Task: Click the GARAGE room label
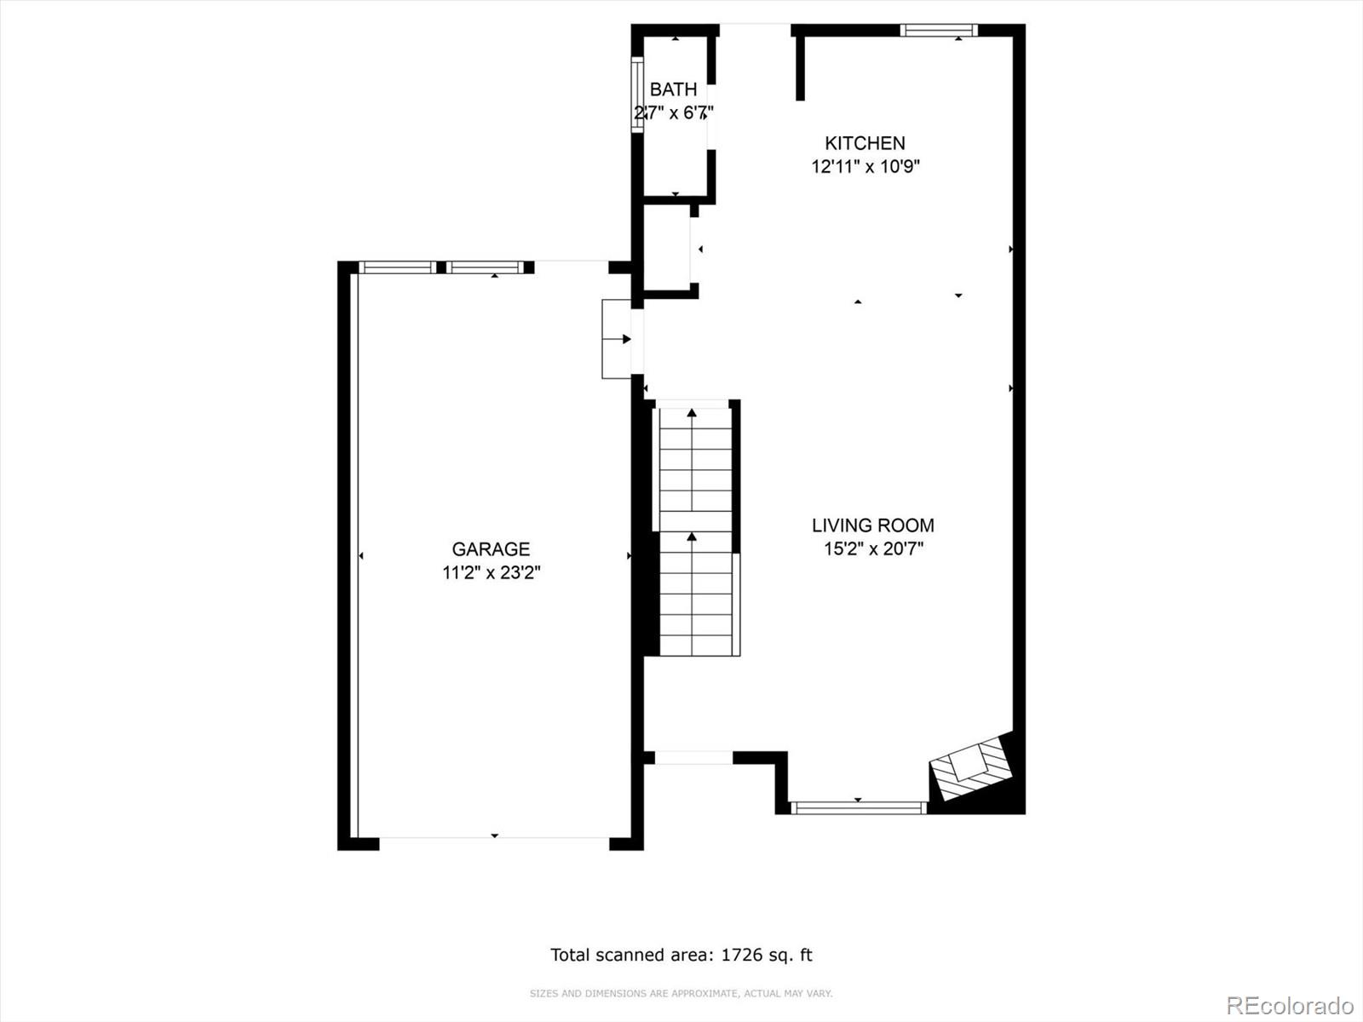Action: (491, 549)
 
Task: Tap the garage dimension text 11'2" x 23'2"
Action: (491, 573)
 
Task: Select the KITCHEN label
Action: (865, 143)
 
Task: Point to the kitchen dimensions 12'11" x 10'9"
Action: (865, 167)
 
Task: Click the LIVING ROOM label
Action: (872, 525)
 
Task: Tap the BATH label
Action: (673, 89)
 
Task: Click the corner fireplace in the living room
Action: (974, 768)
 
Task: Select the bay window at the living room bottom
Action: (857, 807)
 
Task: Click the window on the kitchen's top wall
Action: (939, 31)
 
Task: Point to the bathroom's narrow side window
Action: (636, 95)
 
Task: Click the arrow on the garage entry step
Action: (625, 339)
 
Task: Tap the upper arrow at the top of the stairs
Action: (692, 413)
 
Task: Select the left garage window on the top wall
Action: (397, 267)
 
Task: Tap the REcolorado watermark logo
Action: (1289, 1005)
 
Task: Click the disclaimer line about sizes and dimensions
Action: (681, 993)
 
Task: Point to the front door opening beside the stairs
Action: (693, 757)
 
